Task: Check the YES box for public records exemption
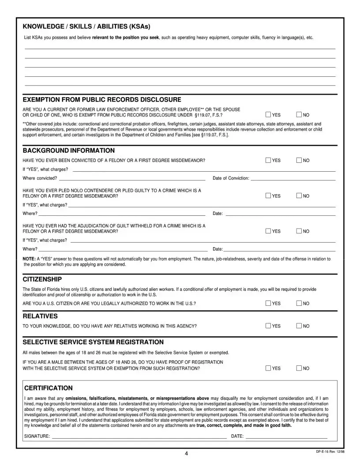269,115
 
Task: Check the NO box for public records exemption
300,115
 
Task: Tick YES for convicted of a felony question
269,161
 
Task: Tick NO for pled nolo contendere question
300,196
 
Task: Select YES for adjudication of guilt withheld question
269,231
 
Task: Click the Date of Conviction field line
292,179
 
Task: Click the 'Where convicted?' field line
132,179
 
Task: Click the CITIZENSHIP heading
42,279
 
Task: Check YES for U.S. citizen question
269,303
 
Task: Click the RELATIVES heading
40,316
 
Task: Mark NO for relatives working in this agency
300,326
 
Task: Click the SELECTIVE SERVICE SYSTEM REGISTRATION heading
93,342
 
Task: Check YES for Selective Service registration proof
269,368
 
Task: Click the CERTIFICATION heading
48,388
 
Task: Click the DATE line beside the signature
286,436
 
